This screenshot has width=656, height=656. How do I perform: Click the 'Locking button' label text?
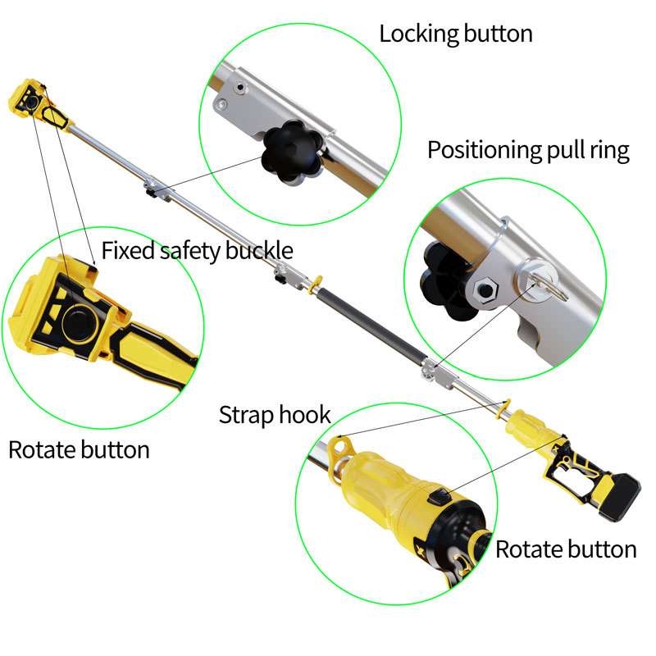pos(456,34)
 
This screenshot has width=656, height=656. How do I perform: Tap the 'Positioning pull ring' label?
pos(528,151)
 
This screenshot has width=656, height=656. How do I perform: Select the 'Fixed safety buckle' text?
pos(197,251)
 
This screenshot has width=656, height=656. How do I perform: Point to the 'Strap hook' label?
pos(275,415)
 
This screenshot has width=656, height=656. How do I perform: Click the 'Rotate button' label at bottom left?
pos(79,450)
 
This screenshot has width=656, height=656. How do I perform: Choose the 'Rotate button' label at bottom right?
pos(566,549)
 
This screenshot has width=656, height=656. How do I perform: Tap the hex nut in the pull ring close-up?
pos(485,289)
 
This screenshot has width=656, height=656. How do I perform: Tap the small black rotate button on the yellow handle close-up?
pos(440,498)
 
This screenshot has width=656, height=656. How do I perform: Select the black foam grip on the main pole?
pos(373,325)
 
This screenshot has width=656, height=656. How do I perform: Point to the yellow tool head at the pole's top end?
pos(39,105)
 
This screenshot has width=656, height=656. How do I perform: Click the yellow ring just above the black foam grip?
pos(316,284)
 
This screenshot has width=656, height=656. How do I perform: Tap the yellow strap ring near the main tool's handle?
pos(504,408)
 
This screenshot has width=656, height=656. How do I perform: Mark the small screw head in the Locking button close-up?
pos(239,88)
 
